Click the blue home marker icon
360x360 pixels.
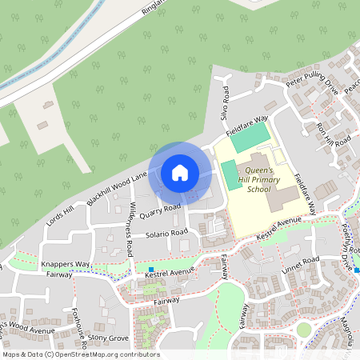click(180, 172)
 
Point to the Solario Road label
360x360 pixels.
click(166, 234)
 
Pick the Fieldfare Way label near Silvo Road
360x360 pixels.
click(246, 126)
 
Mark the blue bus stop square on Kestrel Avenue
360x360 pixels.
click(151, 269)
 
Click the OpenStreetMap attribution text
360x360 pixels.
click(80, 354)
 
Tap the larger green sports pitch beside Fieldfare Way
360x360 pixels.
click(250, 136)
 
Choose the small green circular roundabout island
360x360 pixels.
click(303, 329)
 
